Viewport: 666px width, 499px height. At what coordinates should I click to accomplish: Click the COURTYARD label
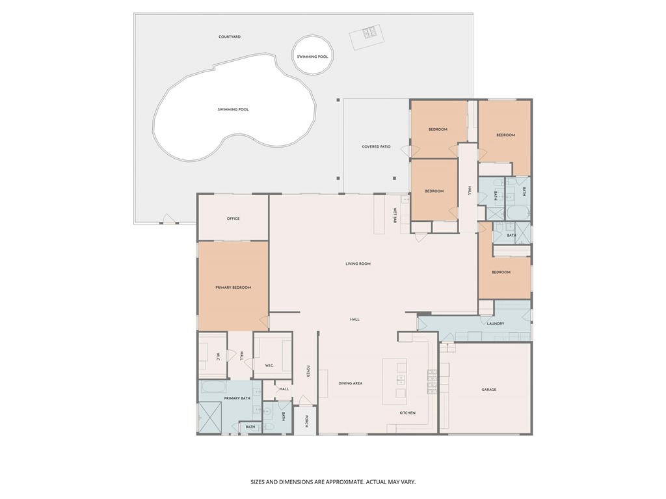click(230, 37)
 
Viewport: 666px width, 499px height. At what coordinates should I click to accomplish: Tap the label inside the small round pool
click(313, 57)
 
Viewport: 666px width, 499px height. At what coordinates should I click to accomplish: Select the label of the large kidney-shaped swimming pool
click(233, 109)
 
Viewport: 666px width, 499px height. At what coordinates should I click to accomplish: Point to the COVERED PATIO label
click(376, 147)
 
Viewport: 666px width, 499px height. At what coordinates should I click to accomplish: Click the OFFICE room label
click(233, 219)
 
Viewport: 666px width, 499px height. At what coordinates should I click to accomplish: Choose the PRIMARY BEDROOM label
click(233, 288)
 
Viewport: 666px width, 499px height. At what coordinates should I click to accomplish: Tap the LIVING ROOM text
click(358, 263)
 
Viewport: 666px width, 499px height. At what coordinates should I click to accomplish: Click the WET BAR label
click(395, 217)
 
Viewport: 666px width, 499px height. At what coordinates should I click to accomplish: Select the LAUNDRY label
click(496, 323)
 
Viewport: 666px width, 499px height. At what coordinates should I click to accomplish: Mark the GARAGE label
click(489, 390)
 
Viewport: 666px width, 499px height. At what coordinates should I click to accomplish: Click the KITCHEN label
click(407, 413)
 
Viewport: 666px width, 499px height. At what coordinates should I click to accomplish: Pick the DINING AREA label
click(351, 384)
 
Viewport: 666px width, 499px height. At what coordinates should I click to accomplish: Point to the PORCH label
click(306, 422)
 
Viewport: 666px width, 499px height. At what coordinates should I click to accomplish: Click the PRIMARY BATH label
click(237, 398)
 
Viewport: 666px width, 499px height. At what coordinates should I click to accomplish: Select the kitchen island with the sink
click(394, 381)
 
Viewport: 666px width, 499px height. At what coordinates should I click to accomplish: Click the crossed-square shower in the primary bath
click(209, 418)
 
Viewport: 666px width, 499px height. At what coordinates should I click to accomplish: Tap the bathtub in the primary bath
click(212, 388)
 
